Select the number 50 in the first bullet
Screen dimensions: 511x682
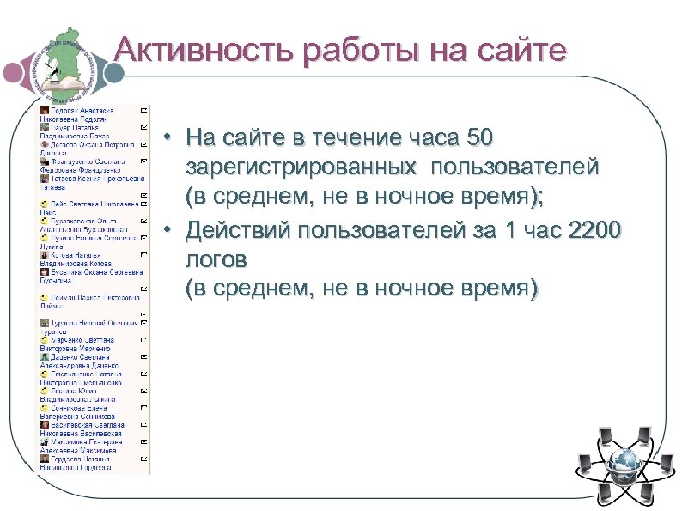tap(478, 138)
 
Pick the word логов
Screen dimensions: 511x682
tap(218, 260)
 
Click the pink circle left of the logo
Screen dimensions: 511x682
tap(15, 75)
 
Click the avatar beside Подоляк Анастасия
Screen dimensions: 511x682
tap(45, 111)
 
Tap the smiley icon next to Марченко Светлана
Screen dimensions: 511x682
tap(45, 340)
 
